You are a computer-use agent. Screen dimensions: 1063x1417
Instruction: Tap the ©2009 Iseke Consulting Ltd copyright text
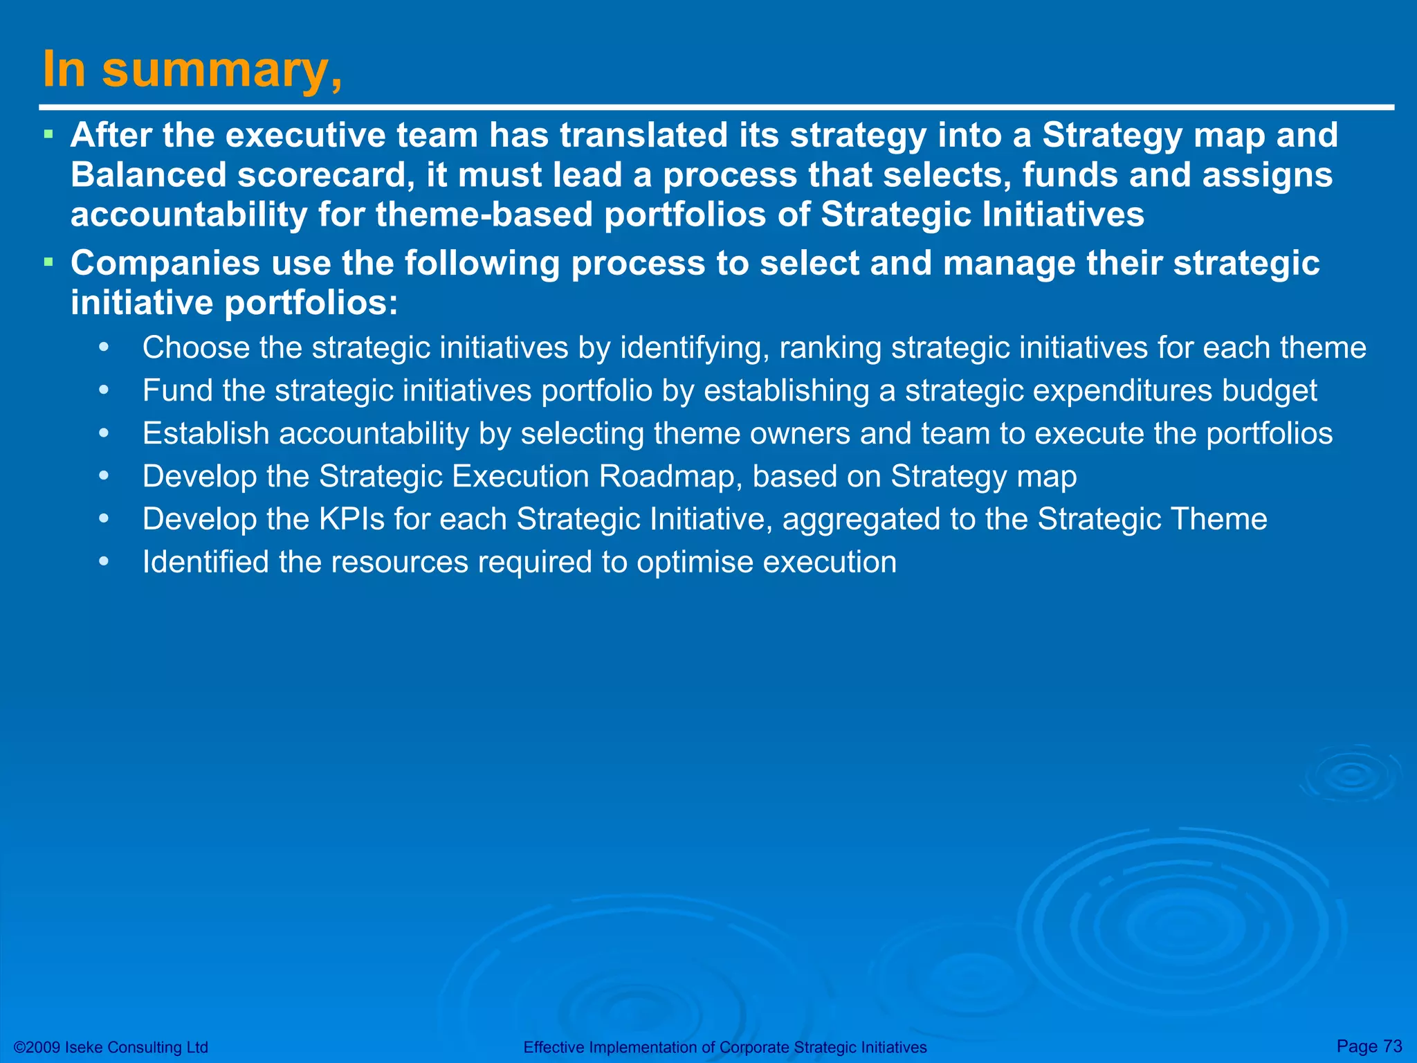tap(111, 1047)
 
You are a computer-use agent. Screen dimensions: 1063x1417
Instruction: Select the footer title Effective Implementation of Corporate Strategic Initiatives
tap(724, 1047)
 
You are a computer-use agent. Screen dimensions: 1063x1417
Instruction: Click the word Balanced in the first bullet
tap(148, 174)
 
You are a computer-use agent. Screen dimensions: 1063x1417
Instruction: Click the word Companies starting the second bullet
tap(165, 264)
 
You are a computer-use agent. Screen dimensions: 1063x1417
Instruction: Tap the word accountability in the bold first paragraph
tap(188, 215)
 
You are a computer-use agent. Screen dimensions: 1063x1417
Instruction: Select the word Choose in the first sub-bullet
tap(196, 347)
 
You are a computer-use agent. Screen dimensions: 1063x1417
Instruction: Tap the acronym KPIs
tap(351, 519)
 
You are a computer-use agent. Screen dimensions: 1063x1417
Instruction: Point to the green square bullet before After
tap(48, 134)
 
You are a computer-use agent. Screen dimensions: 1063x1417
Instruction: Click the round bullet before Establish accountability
tap(104, 434)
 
